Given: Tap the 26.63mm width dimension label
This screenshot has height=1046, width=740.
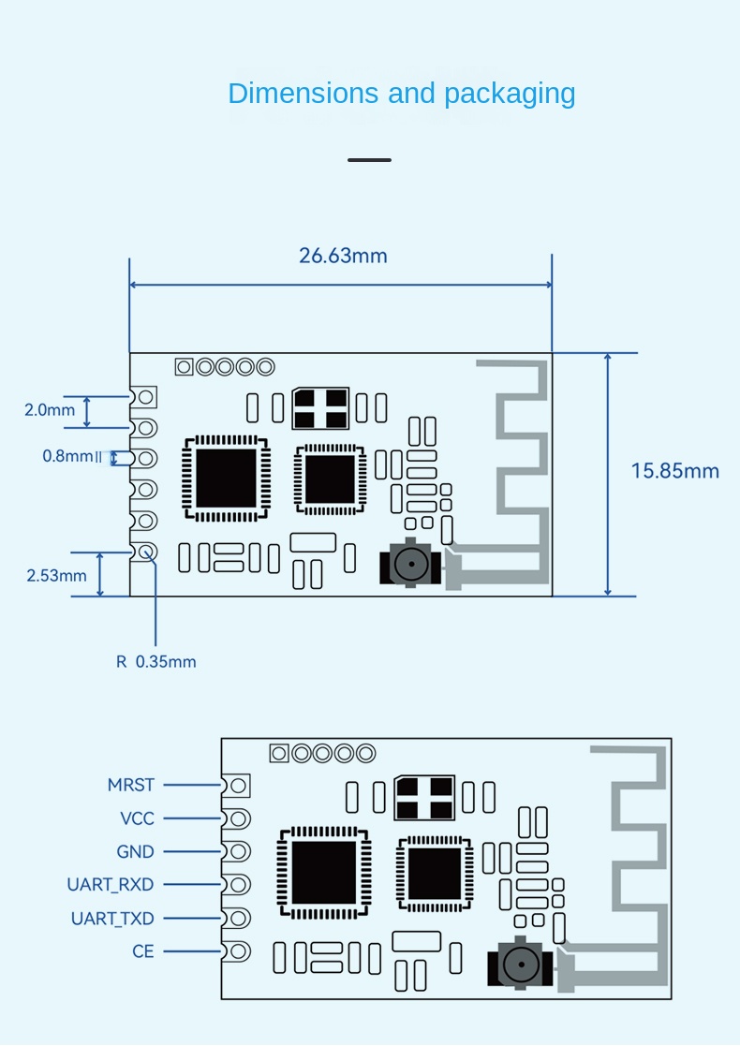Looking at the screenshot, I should [343, 256].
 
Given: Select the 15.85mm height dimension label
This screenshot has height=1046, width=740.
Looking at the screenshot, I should [674, 470].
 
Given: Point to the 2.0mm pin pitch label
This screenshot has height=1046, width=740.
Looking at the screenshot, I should [50, 409].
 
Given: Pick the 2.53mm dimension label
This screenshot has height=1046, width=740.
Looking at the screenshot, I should [56, 575].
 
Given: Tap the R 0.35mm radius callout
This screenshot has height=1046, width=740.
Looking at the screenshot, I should [156, 661].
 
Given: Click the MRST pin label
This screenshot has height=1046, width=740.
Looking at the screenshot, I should [131, 785].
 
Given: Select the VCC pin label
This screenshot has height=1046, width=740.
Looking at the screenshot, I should [137, 818].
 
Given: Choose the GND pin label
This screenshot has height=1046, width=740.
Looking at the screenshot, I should [135, 852].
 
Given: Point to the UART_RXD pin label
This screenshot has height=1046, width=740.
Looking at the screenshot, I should [111, 885].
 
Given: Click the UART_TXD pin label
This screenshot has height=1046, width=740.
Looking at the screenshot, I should [112, 919].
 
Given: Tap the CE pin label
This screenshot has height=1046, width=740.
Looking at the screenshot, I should [143, 951].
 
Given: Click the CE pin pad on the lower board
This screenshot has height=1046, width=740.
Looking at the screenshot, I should [239, 951].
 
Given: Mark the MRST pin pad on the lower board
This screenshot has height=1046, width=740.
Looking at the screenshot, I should [239, 785].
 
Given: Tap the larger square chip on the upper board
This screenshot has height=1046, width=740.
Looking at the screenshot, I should [225, 479].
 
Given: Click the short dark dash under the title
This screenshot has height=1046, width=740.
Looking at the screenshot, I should [369, 160].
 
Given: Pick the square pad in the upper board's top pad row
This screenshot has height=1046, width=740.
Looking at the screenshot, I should [185, 367].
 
